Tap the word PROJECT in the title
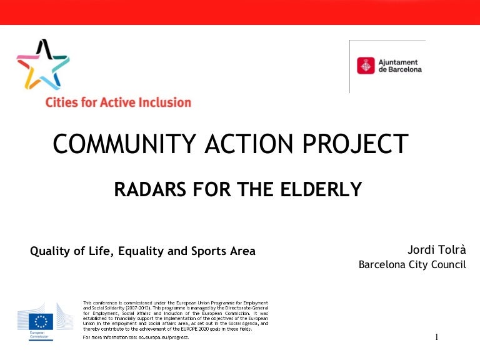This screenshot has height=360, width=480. point(356,144)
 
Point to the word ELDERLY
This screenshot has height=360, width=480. point(321,189)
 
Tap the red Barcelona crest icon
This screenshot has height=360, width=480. point(366,66)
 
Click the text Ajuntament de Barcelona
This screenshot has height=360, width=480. point(400,66)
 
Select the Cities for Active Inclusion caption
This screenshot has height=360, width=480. point(118,102)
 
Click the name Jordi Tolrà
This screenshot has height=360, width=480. point(436,250)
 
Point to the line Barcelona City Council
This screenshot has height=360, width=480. point(412,264)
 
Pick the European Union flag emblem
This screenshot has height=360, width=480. point(41,321)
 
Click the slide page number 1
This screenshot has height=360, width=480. point(436,337)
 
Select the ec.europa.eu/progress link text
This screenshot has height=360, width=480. point(164,337)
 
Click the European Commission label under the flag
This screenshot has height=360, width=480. point(39,334)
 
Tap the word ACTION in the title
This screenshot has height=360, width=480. point(249,144)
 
